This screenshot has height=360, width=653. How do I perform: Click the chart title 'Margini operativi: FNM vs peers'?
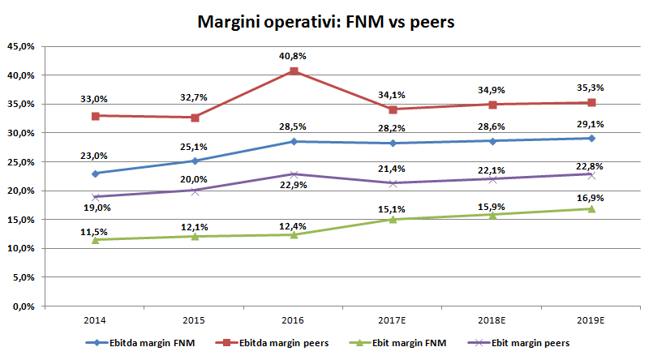click(x=326, y=22)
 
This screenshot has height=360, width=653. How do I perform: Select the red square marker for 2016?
click(x=294, y=71)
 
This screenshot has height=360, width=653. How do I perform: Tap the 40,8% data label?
click(x=294, y=56)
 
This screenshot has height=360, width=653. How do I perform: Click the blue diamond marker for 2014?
click(x=96, y=174)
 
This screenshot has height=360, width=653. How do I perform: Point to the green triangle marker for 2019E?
click(x=592, y=208)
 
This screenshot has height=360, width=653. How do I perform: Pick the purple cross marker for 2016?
click(x=294, y=174)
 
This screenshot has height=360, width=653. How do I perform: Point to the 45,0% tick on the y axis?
click(x=20, y=47)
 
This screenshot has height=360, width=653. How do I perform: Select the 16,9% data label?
click(x=592, y=197)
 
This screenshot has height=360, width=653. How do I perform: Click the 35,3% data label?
click(x=592, y=88)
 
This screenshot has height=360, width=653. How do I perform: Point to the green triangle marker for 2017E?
click(x=393, y=219)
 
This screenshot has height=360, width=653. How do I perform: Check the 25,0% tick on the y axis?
click(x=20, y=162)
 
